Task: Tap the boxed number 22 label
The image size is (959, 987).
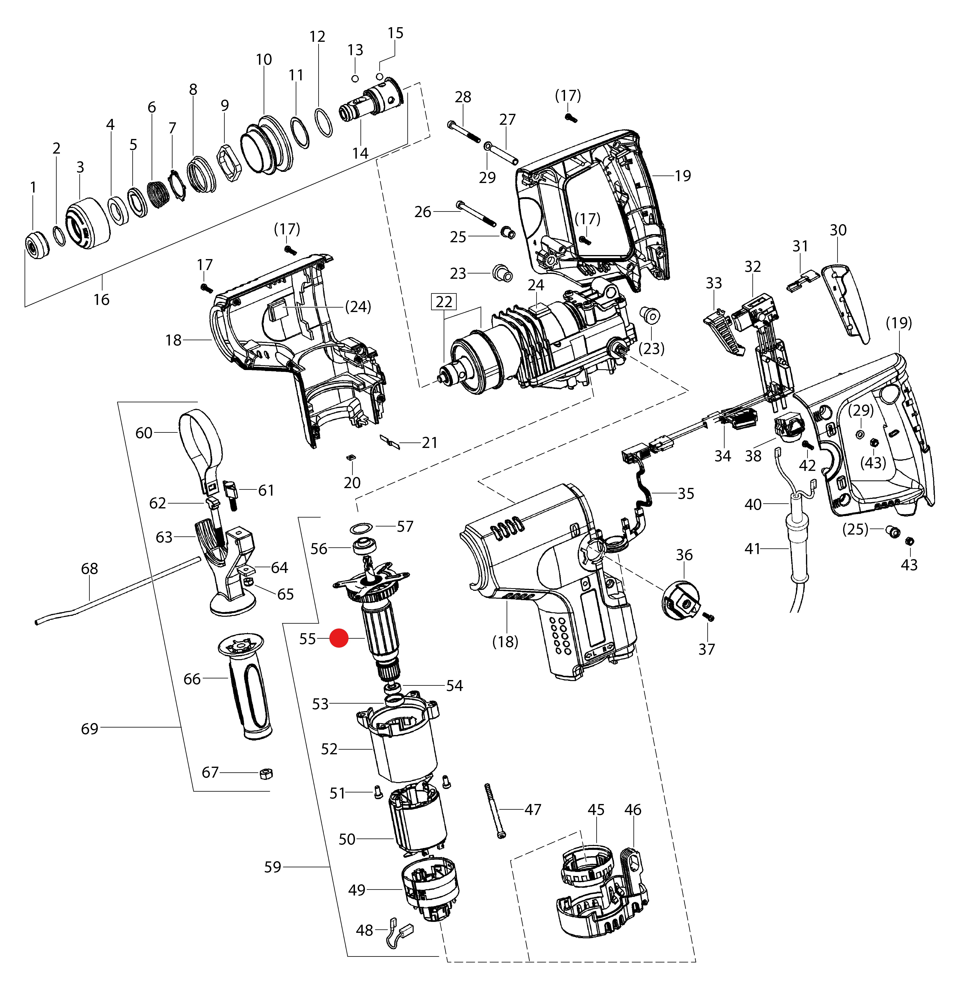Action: coord(444,302)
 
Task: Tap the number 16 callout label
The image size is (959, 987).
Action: coord(101,300)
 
